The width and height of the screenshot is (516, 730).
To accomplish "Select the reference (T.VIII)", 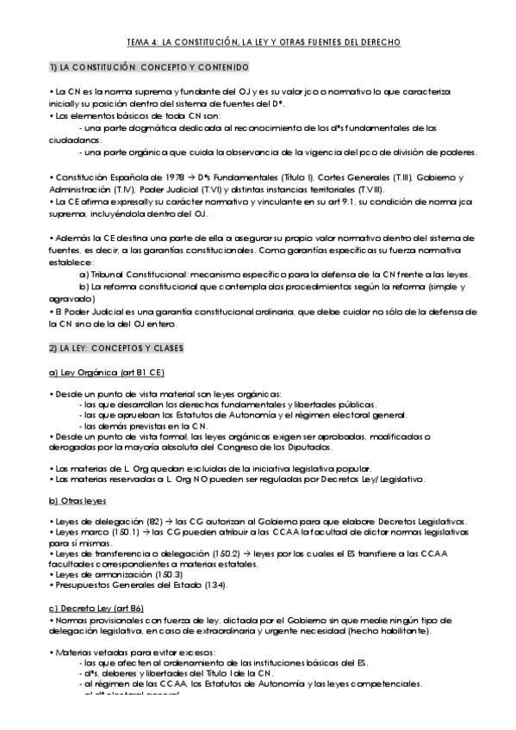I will tap(371, 189).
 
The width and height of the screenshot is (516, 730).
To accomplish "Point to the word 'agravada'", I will tap(71, 298).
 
